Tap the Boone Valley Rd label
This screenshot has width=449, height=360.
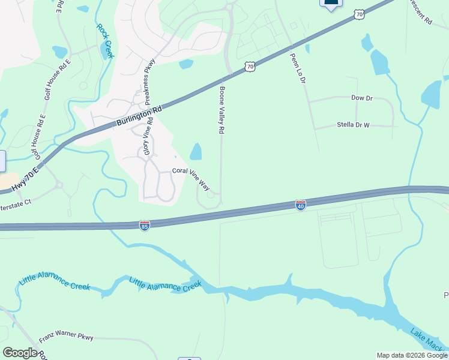[221, 109]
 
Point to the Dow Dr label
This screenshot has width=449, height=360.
[362, 97]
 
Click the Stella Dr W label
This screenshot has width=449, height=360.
[351, 126]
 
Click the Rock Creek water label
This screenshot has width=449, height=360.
[104, 40]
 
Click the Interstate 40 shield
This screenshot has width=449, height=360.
[301, 206]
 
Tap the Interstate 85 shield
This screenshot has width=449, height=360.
[144, 226]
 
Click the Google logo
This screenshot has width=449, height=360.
[20, 353]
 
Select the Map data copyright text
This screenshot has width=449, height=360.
[412, 355]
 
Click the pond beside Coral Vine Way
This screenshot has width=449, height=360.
[196, 152]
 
